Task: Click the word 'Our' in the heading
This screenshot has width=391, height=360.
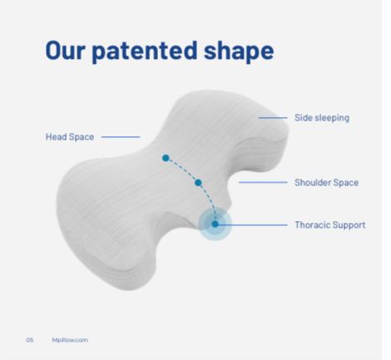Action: point(65,51)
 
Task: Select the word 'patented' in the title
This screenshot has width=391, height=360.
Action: point(145,52)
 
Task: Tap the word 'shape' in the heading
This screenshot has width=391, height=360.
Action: point(239,52)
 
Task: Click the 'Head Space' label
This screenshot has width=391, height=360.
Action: point(70,137)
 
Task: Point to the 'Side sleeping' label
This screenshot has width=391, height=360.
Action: point(322,118)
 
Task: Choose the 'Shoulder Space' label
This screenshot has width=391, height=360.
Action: point(326,183)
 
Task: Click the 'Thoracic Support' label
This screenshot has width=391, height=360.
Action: point(329,224)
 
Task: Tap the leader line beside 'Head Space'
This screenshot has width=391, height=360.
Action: point(121,136)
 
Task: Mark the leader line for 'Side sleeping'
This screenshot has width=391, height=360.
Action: point(273,118)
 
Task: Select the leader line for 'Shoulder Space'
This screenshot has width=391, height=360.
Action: point(263,182)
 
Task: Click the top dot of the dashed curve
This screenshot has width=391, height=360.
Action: point(166,158)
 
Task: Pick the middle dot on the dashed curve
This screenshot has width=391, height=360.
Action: point(198,183)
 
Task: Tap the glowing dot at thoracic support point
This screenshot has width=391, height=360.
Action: point(215,224)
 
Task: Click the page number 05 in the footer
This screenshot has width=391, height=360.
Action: point(30,340)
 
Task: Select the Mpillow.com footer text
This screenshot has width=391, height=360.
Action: point(70,340)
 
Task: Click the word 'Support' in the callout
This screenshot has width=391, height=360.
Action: point(349,225)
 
